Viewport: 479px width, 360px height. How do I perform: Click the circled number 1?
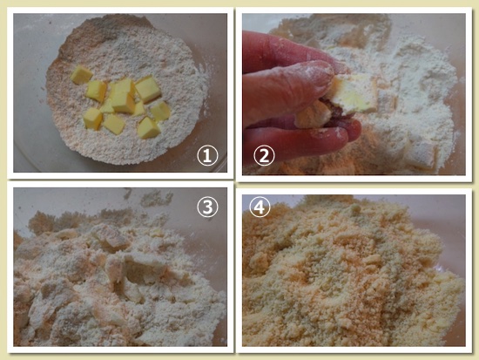point(207,155)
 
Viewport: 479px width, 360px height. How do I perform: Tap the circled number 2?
point(264,155)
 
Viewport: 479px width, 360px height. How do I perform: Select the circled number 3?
point(207,207)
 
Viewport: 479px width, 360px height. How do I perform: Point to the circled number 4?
point(260,207)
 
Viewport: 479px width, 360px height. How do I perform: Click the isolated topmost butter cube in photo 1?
point(81,75)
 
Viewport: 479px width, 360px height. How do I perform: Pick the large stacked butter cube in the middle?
point(123,96)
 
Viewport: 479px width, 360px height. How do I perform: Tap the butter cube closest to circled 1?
point(149,127)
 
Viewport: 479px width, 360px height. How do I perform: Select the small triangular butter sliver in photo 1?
point(106,107)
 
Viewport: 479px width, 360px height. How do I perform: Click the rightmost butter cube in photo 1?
point(160,111)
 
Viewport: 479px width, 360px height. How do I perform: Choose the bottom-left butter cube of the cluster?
point(92,119)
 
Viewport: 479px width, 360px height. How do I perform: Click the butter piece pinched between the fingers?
point(354,92)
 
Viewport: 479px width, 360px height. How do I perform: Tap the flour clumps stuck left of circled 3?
point(156,199)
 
